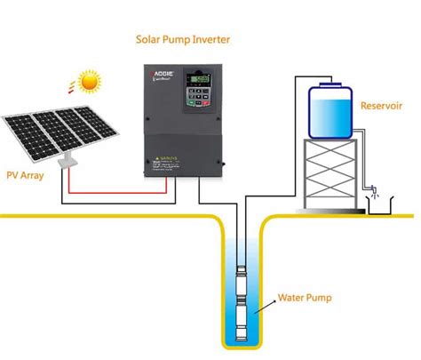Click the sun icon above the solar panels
(88, 83)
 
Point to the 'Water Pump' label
(305, 298)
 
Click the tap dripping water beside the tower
(376, 188)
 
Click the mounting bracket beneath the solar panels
(65, 163)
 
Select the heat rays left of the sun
(68, 87)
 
